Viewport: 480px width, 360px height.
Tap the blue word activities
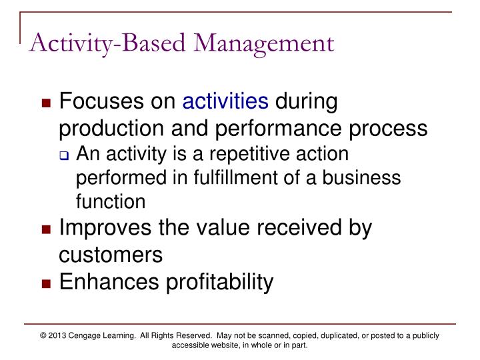pyautogui.click(x=225, y=103)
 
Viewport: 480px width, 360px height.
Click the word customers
pyautogui.click(x=111, y=254)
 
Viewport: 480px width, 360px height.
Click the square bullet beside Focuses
pyautogui.click(x=46, y=105)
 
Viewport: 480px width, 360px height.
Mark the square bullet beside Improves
pyautogui.click(x=46, y=230)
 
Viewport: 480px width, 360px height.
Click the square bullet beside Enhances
pyautogui.click(x=46, y=283)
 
